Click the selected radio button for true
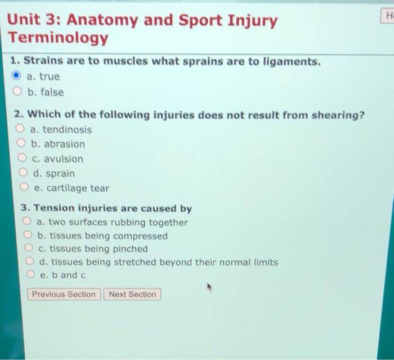point(17,76)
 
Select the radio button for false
point(18,92)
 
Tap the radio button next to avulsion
point(23,159)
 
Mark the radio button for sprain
point(24,173)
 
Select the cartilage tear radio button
point(25,188)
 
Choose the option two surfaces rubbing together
point(27,222)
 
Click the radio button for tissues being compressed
point(28,236)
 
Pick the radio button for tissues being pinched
point(29,249)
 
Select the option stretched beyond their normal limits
point(30,262)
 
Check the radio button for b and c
point(31,275)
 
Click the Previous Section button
point(64,294)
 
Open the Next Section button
point(132,294)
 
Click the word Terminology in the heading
point(57,38)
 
